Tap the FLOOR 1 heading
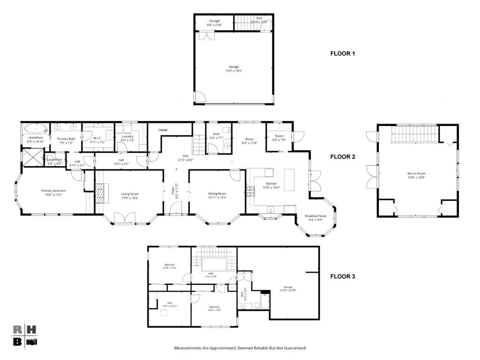(x=343, y=54)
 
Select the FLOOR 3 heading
(x=343, y=277)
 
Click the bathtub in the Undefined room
(x=35, y=128)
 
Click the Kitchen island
(x=289, y=179)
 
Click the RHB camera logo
(x=24, y=336)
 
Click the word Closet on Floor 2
(x=163, y=130)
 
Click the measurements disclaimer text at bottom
(x=240, y=348)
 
